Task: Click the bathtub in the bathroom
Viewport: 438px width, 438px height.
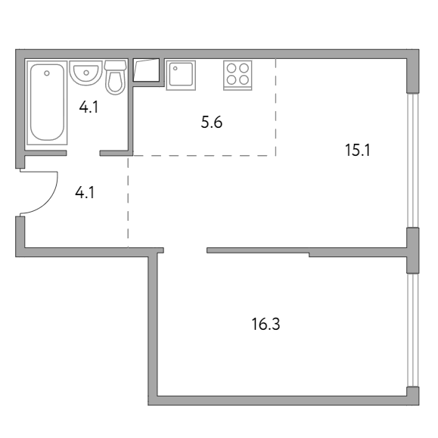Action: click(47, 102)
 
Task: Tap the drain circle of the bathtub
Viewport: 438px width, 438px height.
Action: click(47, 73)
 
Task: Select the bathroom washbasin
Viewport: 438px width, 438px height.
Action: click(86, 73)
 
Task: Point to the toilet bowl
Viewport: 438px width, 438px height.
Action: click(115, 82)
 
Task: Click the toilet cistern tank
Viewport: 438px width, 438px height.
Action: click(116, 65)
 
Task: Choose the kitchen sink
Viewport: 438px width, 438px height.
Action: click(181, 75)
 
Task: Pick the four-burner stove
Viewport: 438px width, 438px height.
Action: click(238, 75)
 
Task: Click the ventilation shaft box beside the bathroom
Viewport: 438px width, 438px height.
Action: click(146, 70)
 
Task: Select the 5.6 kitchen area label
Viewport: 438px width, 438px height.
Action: click(212, 123)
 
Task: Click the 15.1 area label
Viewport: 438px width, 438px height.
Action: click(358, 150)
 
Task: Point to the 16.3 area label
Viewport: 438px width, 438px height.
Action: click(266, 325)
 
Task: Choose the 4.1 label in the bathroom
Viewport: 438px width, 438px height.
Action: click(89, 107)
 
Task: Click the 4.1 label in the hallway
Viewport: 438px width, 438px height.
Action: click(85, 193)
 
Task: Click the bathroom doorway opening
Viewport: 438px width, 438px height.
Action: click(83, 153)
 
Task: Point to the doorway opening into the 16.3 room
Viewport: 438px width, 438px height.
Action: click(185, 250)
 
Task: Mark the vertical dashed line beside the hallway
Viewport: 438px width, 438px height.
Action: click(128, 202)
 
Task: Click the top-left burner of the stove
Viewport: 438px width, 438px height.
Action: click(231, 68)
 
